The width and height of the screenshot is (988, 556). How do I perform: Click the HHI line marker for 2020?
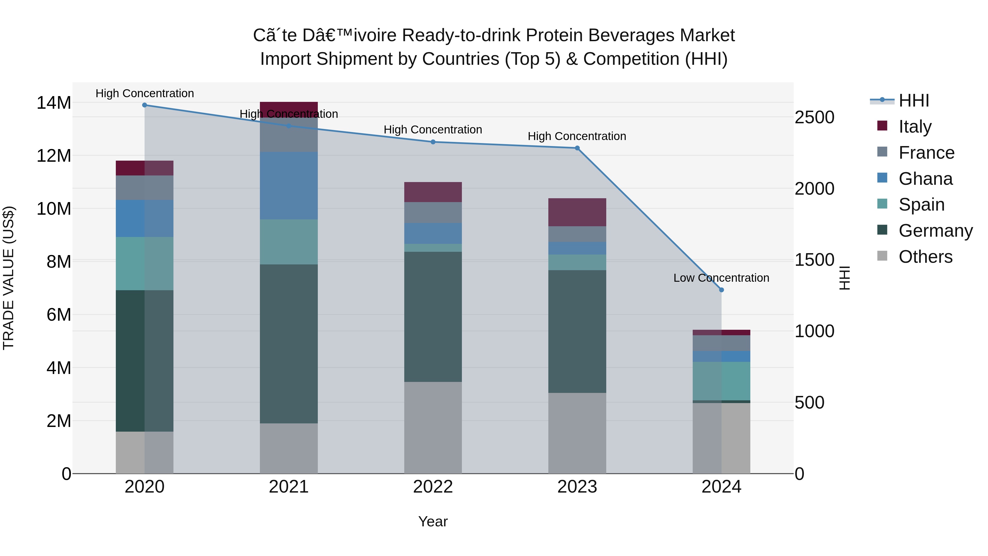145,105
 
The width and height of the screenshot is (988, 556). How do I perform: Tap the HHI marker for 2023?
577,148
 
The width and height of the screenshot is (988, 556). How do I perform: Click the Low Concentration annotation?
721,278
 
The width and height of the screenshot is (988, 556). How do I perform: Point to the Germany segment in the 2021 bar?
289,344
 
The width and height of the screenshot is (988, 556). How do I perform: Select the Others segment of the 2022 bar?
433,428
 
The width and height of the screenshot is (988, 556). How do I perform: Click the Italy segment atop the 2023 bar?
577,212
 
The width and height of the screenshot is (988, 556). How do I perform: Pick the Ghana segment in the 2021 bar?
289,186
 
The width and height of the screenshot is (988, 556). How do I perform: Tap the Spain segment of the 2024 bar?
722,381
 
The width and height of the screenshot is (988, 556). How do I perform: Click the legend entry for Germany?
936,231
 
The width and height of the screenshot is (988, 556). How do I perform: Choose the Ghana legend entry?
925,179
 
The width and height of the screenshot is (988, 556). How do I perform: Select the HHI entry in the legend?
914,100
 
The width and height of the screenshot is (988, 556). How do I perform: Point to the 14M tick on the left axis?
54,103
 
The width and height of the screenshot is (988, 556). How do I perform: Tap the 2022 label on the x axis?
433,487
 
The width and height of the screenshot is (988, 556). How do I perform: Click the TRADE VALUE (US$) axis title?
9,278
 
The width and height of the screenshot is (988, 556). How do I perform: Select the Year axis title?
433,521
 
